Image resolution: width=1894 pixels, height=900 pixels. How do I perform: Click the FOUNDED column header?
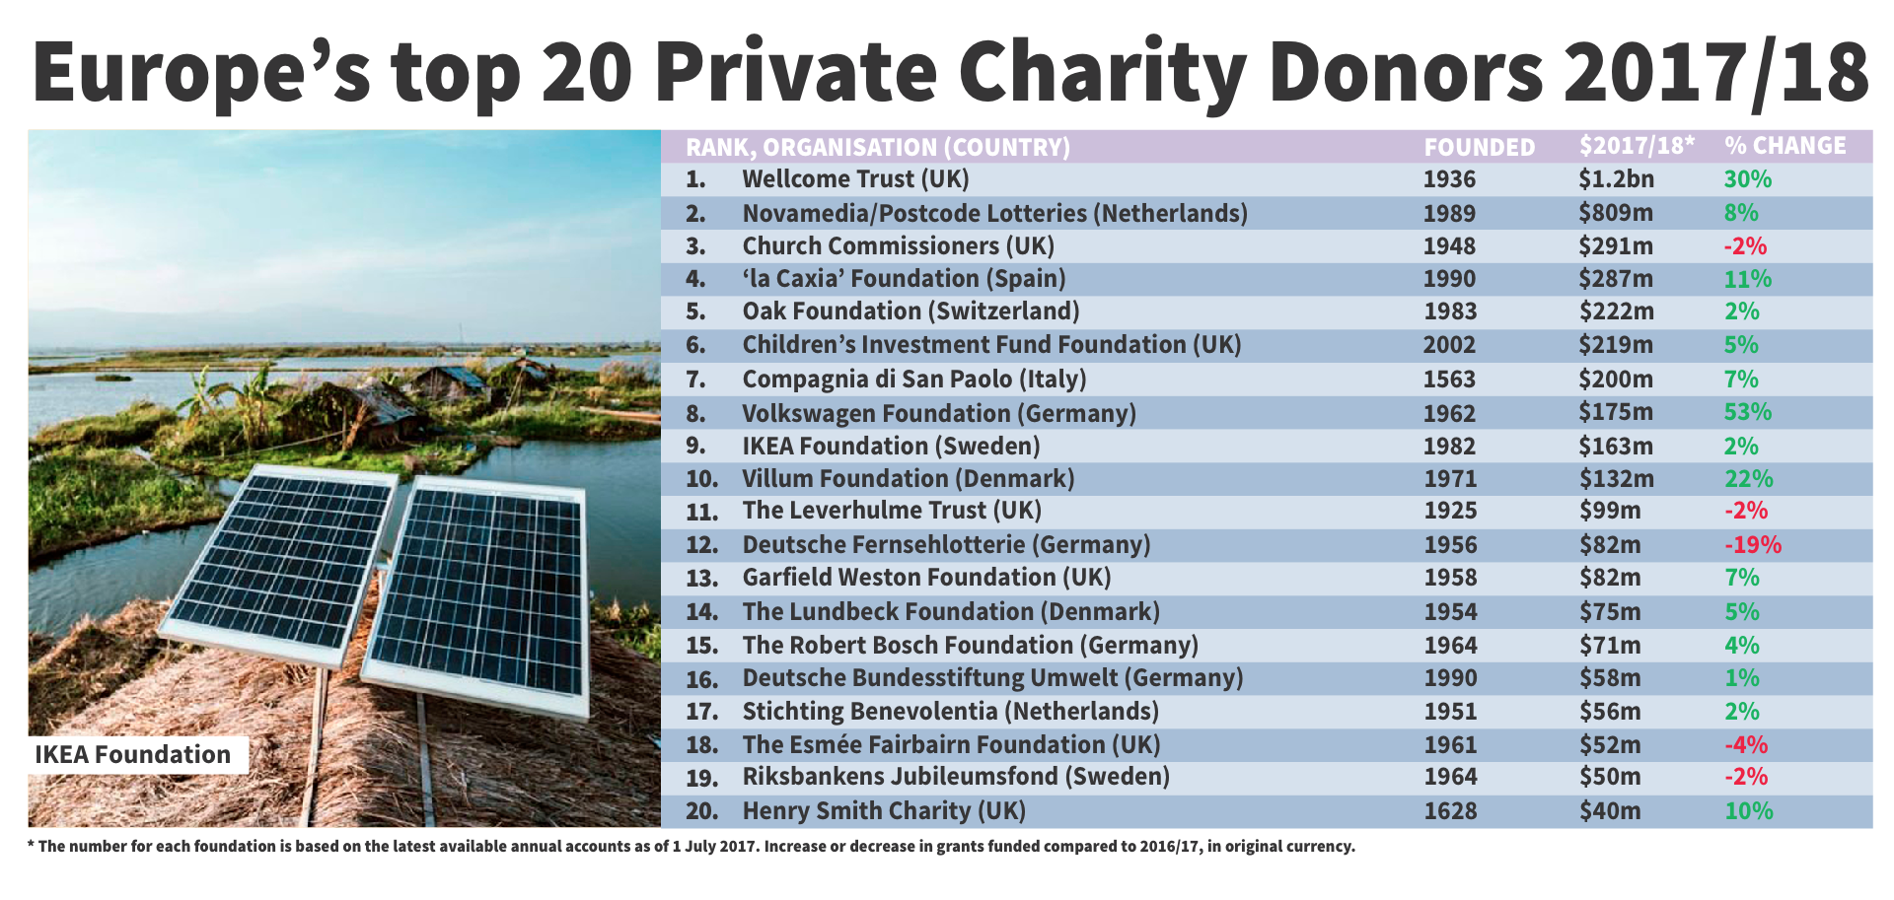click(x=1479, y=147)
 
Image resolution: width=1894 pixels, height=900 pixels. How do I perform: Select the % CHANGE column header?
click(x=1785, y=146)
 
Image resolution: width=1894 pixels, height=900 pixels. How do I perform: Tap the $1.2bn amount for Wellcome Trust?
click(x=1616, y=179)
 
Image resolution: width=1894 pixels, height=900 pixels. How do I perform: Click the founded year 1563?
click(x=1449, y=380)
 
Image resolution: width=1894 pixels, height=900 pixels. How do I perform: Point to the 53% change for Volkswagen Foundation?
click(x=1747, y=412)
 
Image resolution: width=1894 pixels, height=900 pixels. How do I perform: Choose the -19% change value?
click(x=1752, y=545)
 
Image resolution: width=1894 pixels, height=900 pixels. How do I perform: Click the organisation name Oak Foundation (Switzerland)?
click(x=911, y=312)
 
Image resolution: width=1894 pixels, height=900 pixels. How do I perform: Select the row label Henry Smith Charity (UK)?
click(x=884, y=811)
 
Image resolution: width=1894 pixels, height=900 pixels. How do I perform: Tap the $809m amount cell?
click(x=1615, y=213)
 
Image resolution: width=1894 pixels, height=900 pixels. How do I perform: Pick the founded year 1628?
click(x=1450, y=811)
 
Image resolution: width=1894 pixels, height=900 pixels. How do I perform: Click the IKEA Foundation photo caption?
click(x=133, y=755)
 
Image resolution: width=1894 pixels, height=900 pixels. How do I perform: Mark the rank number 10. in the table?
click(x=701, y=479)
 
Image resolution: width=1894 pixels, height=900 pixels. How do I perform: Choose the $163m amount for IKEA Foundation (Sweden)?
click(x=1615, y=447)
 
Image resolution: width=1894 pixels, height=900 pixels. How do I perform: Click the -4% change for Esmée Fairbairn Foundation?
click(x=1745, y=745)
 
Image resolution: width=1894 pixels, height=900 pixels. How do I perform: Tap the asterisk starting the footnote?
click(x=32, y=845)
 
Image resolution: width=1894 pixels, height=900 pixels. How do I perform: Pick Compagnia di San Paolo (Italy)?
click(x=913, y=380)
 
